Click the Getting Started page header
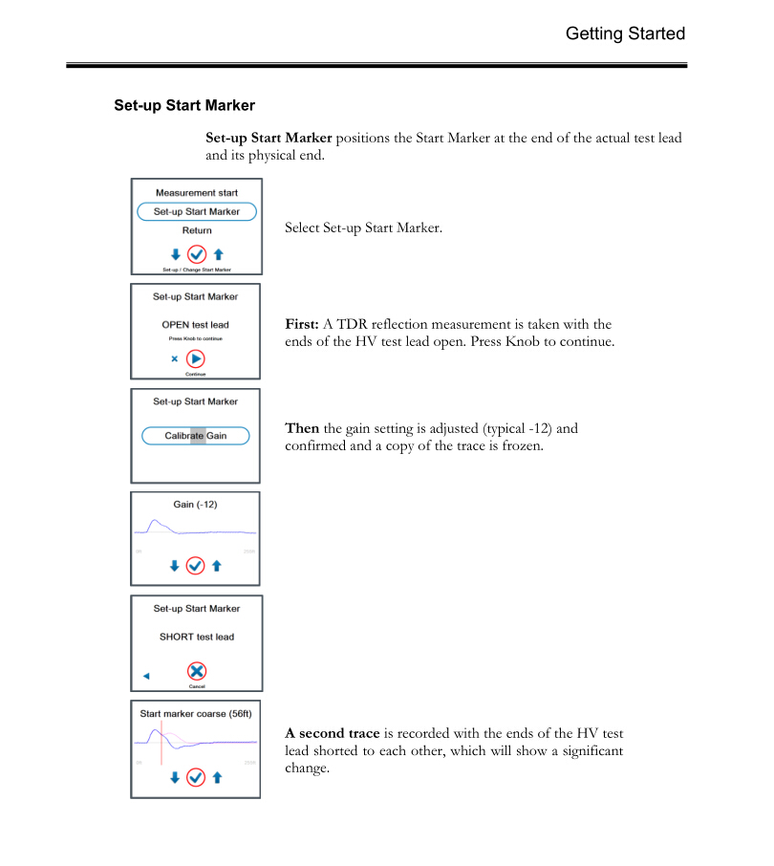pyautogui.click(x=625, y=33)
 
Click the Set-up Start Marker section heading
pyautogui.click(x=184, y=105)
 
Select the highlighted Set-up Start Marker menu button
pyautogui.click(x=197, y=211)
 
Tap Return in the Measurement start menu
pyautogui.click(x=197, y=230)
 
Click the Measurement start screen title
pyautogui.click(x=197, y=193)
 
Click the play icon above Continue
pyautogui.click(x=196, y=359)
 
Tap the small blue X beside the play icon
pyautogui.click(x=174, y=359)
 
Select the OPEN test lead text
pyautogui.click(x=196, y=325)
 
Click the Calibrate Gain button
pyautogui.click(x=196, y=436)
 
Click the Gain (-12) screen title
pyautogui.click(x=196, y=504)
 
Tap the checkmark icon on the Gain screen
pyautogui.click(x=196, y=566)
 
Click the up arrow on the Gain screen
pyautogui.click(x=218, y=566)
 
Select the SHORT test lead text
pyautogui.click(x=196, y=637)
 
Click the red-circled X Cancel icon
pyautogui.click(x=196, y=671)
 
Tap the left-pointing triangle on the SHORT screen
pyautogui.click(x=146, y=676)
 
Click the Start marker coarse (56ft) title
pyautogui.click(x=196, y=713)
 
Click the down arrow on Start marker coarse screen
pyautogui.click(x=174, y=777)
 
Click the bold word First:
pyautogui.click(x=302, y=325)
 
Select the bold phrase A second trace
pyautogui.click(x=333, y=733)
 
